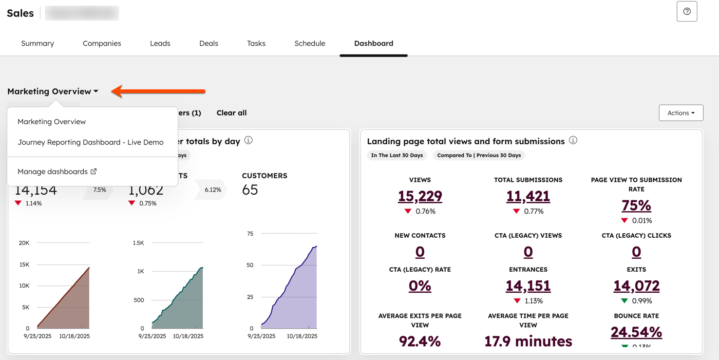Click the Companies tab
tap(102, 44)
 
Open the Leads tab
tap(160, 44)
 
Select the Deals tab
tap(209, 44)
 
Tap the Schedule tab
tap(310, 44)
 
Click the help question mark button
tap(687, 12)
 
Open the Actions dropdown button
tap(681, 113)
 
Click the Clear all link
tap(232, 113)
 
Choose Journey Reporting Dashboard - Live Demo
tap(90, 142)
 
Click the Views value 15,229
tap(420, 196)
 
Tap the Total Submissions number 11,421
tap(528, 196)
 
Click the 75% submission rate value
tap(636, 205)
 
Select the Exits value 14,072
tap(636, 286)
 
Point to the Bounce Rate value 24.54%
tap(636, 332)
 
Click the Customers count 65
tap(250, 190)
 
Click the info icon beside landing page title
tap(573, 140)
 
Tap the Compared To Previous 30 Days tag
tap(479, 155)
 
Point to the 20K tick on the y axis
tap(24, 243)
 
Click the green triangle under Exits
tap(625, 301)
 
